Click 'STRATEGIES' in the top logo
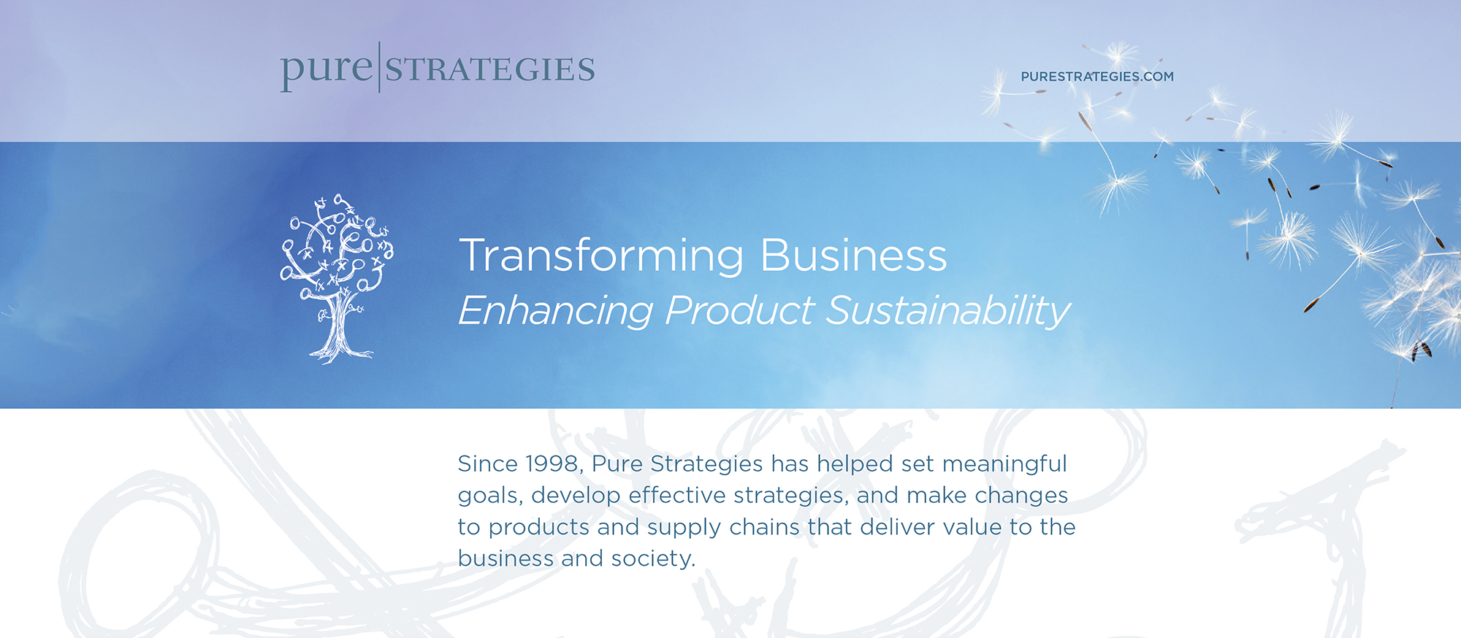(x=490, y=69)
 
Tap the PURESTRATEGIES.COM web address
(x=1097, y=77)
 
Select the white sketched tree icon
(x=337, y=278)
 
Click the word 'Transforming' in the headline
(x=602, y=256)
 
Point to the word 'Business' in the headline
(x=854, y=255)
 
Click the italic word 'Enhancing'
(x=555, y=311)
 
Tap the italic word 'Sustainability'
(x=948, y=311)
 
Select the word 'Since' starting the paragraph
(x=488, y=464)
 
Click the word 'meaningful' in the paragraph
(x=1004, y=464)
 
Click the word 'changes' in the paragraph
(x=1021, y=496)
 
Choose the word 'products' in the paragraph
(x=538, y=527)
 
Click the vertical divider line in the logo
(x=379, y=67)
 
